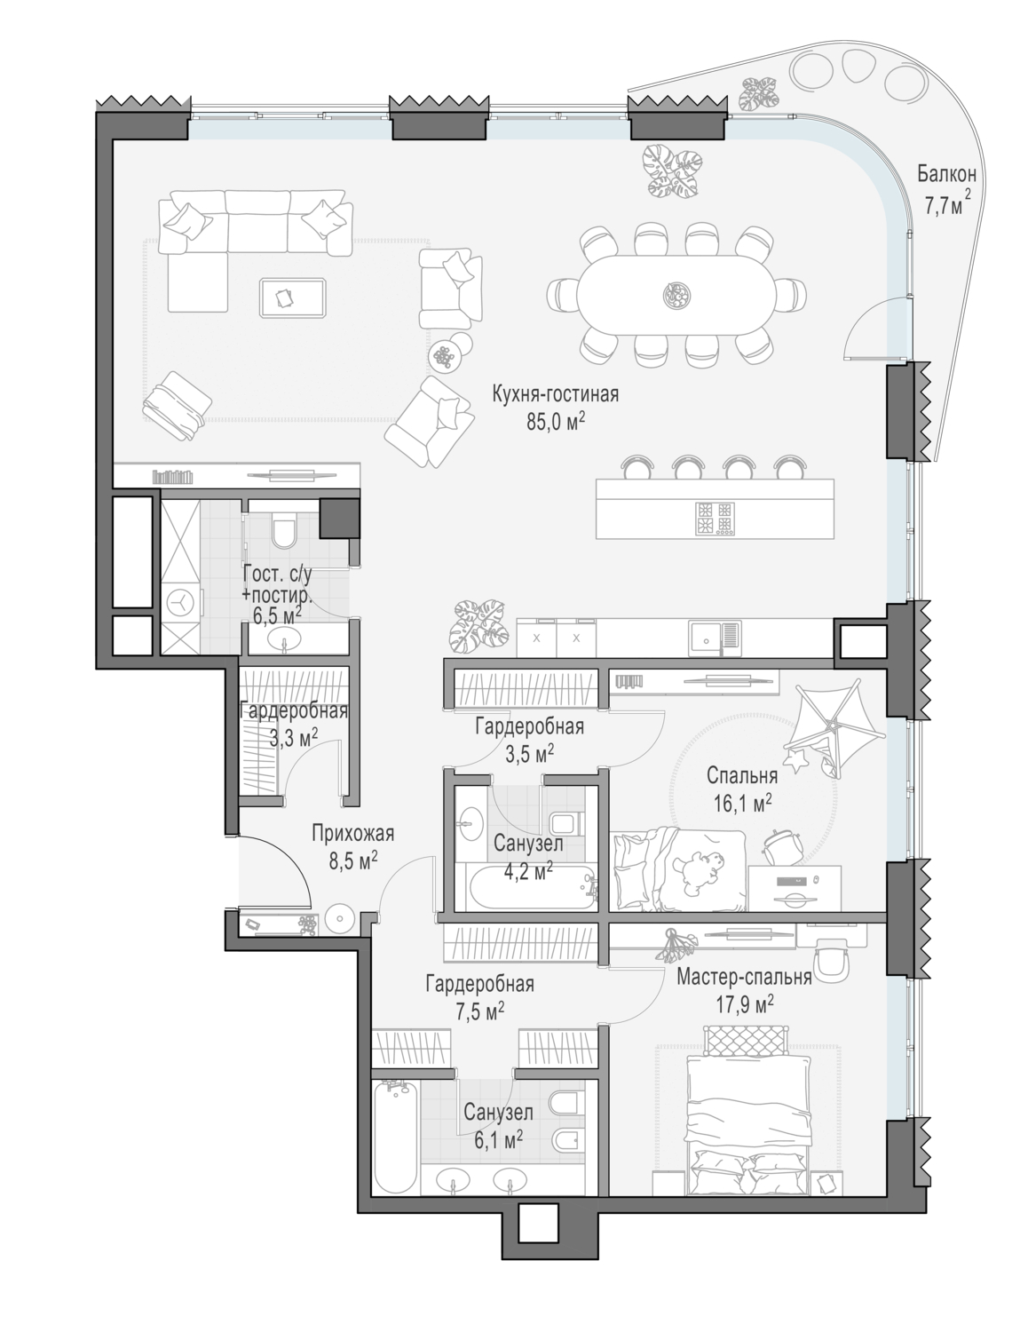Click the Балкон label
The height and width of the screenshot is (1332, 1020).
945,175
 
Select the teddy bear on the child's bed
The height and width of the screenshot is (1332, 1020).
699,868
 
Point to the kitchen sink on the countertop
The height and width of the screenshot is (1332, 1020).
715,639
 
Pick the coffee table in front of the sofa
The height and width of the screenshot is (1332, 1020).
292,297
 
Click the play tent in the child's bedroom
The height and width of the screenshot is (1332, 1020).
834,728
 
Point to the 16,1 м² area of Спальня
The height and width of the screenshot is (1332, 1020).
742,803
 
